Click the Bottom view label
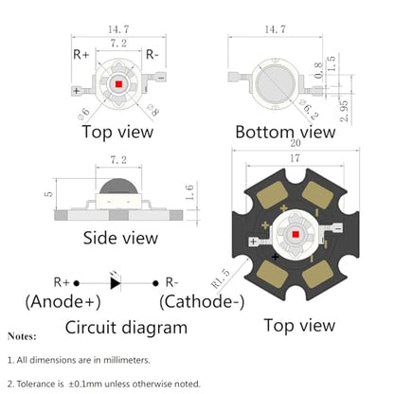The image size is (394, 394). (x=285, y=132)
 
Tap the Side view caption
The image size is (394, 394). (x=120, y=238)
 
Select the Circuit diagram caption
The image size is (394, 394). (x=126, y=328)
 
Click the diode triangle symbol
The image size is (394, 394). (x=116, y=283)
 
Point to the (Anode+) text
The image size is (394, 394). (x=63, y=301)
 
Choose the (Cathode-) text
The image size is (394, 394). (x=202, y=302)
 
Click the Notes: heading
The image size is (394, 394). (x=22, y=336)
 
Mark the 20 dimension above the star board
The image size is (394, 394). (x=295, y=143)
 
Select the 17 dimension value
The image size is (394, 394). (x=295, y=158)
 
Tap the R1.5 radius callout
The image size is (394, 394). (x=221, y=278)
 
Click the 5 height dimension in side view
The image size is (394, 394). (x=49, y=193)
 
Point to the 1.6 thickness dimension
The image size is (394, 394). (x=189, y=192)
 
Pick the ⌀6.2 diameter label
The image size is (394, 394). (x=309, y=109)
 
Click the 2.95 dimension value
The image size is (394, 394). (x=344, y=111)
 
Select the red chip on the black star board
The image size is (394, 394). (x=295, y=234)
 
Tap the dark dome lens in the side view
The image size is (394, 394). (x=118, y=186)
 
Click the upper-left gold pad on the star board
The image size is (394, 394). (x=272, y=195)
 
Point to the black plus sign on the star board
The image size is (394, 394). (x=275, y=257)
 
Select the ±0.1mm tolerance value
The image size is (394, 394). (x=85, y=384)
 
